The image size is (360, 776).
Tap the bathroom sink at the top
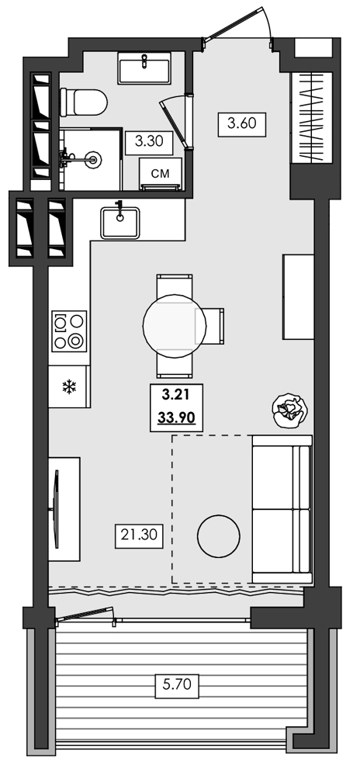coord(145,68)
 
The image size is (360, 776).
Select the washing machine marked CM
coord(160,173)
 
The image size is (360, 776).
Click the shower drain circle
coord(94,159)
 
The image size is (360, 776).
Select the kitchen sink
coord(120,220)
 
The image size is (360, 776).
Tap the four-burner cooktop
coord(69,331)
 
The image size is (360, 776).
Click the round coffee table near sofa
coord(220,536)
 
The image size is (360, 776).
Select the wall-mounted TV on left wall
coord(56,508)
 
